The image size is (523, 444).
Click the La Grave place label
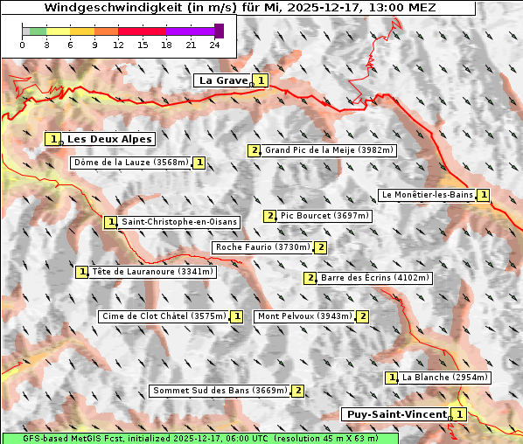[223, 80]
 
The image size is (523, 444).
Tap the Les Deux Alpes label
[110, 139]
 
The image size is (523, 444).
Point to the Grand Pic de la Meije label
[330, 150]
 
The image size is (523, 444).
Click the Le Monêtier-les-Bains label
[426, 194]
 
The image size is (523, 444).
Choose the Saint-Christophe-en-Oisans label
[178, 222]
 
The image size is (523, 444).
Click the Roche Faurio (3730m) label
[263, 247]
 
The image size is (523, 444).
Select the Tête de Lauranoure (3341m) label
[152, 272]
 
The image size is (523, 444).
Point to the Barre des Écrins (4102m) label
[375, 278]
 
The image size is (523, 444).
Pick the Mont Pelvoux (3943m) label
[303, 316]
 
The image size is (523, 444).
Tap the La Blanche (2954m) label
[444, 378]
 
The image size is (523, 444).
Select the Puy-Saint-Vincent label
[397, 414]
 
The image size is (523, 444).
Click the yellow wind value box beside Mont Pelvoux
[362, 316]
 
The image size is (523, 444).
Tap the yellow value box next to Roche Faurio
[321, 247]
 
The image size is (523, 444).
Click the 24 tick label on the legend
[214, 45]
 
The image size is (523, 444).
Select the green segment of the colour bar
[38, 31]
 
